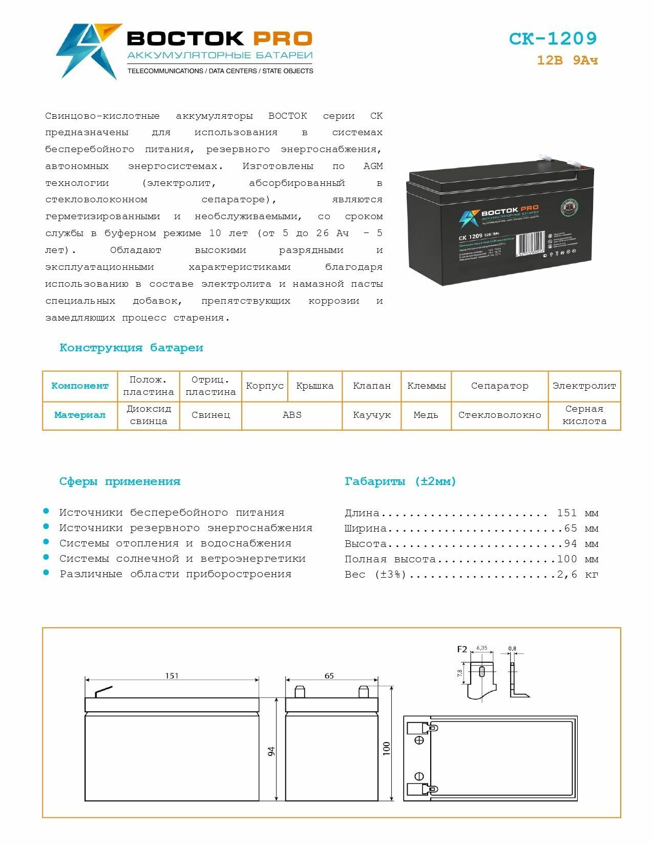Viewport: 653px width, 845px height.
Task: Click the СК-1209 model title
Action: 553,39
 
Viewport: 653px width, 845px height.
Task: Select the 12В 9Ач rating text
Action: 567,60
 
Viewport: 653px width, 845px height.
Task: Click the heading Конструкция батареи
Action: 131,348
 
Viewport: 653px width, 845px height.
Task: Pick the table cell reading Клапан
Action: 372,386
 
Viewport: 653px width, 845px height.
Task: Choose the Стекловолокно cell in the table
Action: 499,415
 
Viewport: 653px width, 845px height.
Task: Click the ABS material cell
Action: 292,415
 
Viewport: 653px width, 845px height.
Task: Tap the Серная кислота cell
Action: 584,415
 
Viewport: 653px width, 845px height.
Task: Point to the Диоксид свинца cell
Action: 149,415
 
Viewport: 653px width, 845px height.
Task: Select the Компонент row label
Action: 80,386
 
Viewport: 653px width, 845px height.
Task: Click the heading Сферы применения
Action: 120,481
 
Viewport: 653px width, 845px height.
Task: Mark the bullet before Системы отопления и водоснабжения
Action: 46,542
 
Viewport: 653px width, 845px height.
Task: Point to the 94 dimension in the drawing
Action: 271,751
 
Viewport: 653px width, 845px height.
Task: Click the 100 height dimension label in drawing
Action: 387,748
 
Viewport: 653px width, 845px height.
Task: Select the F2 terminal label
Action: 462,649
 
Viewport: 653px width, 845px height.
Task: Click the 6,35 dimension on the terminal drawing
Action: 482,648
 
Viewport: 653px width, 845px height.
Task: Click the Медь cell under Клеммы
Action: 426,415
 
